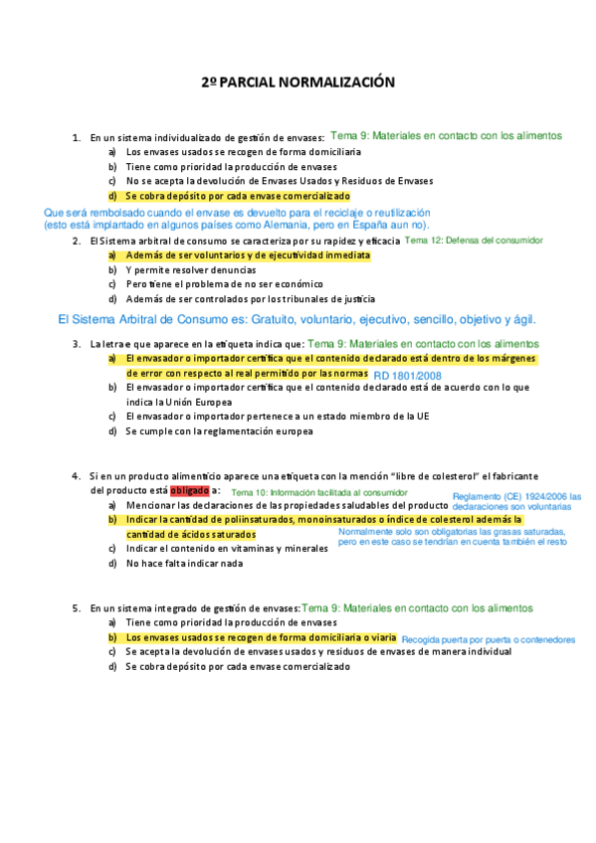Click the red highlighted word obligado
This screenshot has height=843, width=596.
[x=190, y=490]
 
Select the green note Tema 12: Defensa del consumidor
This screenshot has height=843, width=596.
[x=474, y=241]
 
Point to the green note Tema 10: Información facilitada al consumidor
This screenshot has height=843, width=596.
[x=319, y=492]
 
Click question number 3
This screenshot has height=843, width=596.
[x=77, y=344]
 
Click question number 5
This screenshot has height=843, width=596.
[x=77, y=607]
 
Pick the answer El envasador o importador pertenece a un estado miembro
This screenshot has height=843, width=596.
[x=258, y=416]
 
